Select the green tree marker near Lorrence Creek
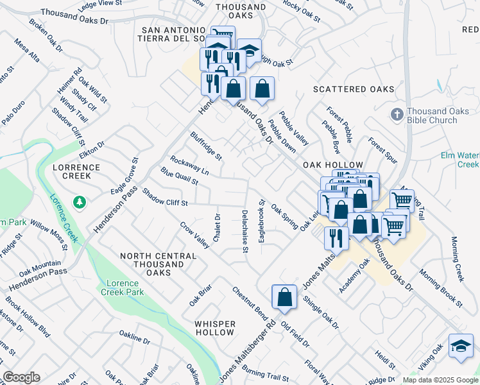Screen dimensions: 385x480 pos(80,203)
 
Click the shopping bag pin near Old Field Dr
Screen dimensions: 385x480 pos(284,297)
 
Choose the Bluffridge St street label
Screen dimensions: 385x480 pos(205,146)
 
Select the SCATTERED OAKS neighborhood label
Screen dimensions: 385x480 pos(354,89)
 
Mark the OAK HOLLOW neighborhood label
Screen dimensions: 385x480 pos(337,165)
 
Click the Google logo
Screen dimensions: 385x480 pos(21,377)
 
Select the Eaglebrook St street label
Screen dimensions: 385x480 pos(261,220)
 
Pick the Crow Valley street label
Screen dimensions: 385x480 pos(195,235)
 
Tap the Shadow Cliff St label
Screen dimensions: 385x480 pos(164,198)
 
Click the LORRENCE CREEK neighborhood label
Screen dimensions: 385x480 pos(76,172)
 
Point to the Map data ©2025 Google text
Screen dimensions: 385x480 pos(440,380)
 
